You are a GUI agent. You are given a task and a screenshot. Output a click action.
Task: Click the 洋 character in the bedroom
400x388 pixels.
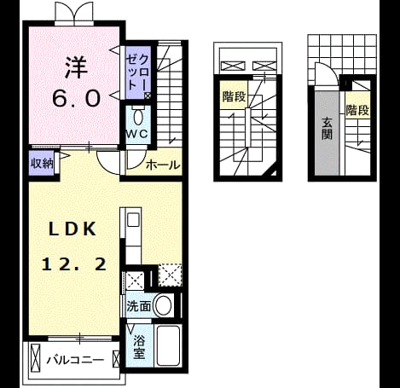76,67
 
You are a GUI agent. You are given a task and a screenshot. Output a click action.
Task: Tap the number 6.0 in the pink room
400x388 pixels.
77,98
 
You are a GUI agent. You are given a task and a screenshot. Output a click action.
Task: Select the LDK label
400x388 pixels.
72,229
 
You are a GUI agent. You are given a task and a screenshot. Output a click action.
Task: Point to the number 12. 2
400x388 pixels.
74,264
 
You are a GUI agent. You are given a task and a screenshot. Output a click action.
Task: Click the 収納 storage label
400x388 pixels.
42,164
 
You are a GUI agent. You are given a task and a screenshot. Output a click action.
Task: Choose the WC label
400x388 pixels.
137,134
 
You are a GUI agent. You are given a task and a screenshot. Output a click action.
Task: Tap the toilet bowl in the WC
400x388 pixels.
138,117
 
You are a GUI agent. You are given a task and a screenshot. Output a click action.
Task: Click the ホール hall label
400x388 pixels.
163,165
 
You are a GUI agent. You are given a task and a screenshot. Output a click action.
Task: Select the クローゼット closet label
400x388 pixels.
138,72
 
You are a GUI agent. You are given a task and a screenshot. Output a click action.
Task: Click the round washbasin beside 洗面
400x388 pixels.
164,305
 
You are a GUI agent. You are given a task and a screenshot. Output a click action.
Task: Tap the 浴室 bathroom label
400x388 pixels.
139,346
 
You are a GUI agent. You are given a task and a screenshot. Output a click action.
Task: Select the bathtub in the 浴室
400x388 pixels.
168,345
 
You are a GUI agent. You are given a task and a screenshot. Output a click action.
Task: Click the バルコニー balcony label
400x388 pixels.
75,360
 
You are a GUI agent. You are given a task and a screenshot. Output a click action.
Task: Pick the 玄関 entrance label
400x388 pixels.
327,128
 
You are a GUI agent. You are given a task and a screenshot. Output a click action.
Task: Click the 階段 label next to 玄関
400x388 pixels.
357,110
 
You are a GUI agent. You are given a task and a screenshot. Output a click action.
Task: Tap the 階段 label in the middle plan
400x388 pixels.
234,96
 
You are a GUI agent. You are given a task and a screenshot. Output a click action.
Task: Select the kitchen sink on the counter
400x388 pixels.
133,220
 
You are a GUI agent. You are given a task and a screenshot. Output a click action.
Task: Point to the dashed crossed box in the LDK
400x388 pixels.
170,275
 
